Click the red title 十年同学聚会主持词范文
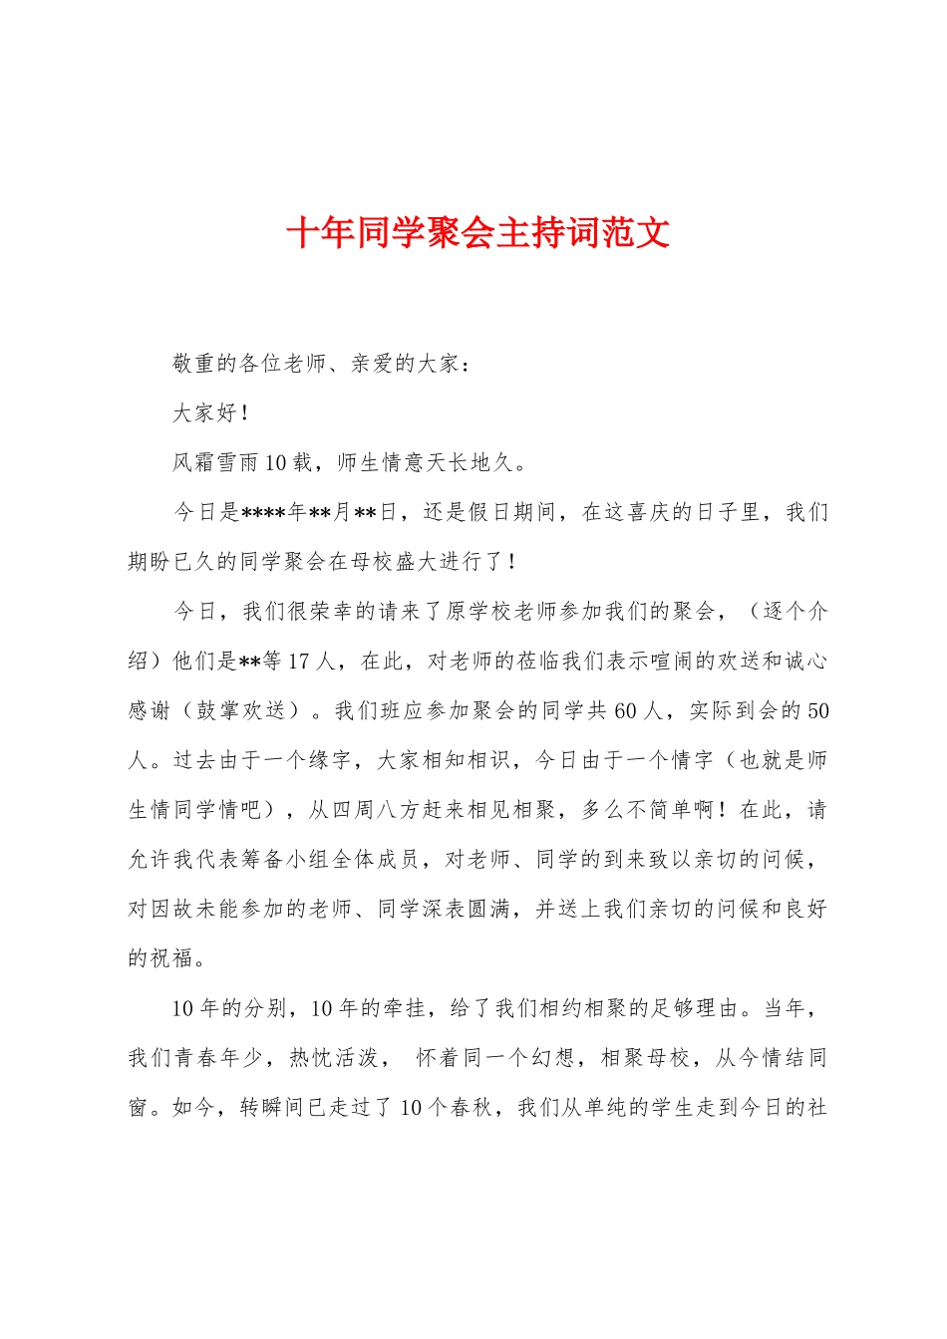pos(477,233)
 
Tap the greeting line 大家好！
pos(210,412)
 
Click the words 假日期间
pos(512,512)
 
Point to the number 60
pos(626,710)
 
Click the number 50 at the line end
pos(817,710)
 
